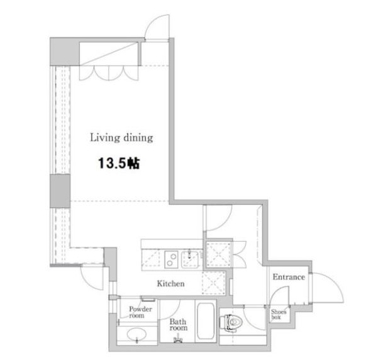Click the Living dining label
click(x=121, y=138)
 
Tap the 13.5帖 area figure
click(x=119, y=163)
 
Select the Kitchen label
click(x=170, y=283)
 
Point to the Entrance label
click(x=289, y=277)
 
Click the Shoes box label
click(x=279, y=314)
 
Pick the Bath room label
click(x=179, y=325)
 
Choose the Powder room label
click(x=140, y=312)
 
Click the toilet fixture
click(x=231, y=323)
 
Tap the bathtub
click(x=206, y=321)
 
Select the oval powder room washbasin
click(x=137, y=335)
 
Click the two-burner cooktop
click(x=171, y=259)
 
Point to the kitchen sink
click(x=190, y=259)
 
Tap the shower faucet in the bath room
click(x=178, y=340)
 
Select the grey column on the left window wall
click(x=60, y=191)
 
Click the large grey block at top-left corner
click(x=65, y=52)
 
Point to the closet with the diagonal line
click(x=109, y=54)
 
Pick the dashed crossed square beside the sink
click(x=218, y=254)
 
